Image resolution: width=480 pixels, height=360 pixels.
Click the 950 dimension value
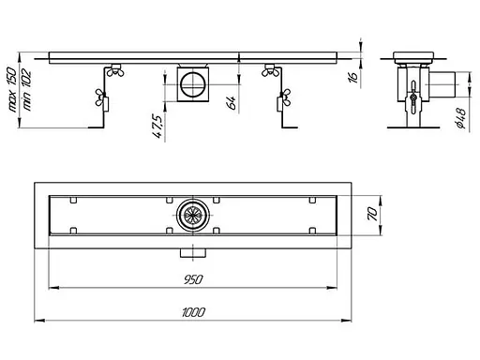click(x=193, y=279)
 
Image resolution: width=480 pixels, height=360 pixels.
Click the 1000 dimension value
click(x=193, y=312)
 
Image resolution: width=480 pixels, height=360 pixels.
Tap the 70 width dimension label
click(x=373, y=215)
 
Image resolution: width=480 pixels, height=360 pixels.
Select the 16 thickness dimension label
click(x=352, y=77)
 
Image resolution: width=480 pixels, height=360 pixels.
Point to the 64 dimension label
click(x=232, y=102)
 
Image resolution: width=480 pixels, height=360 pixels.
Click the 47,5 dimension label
click(x=157, y=127)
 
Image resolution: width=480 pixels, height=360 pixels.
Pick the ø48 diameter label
click(x=461, y=118)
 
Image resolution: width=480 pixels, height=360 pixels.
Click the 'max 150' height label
click(x=12, y=89)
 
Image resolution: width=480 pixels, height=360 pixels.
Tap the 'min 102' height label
click(x=27, y=90)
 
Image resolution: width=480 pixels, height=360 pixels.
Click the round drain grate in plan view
click(x=193, y=215)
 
